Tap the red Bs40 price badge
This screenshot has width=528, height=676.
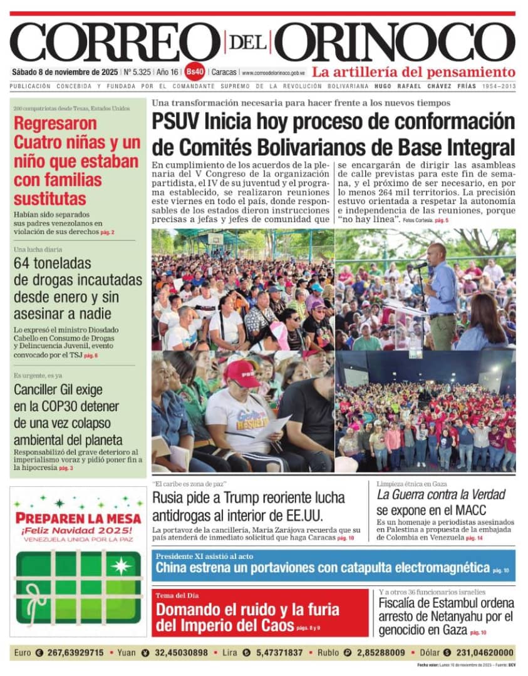coord(195,72)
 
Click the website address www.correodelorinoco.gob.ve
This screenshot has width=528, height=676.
coord(274,73)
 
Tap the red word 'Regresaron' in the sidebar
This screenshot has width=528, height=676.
coord(55,124)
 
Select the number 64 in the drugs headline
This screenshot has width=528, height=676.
coord(24,264)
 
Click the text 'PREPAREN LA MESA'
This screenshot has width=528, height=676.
coord(78,518)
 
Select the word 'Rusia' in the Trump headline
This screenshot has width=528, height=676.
coord(170,499)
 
